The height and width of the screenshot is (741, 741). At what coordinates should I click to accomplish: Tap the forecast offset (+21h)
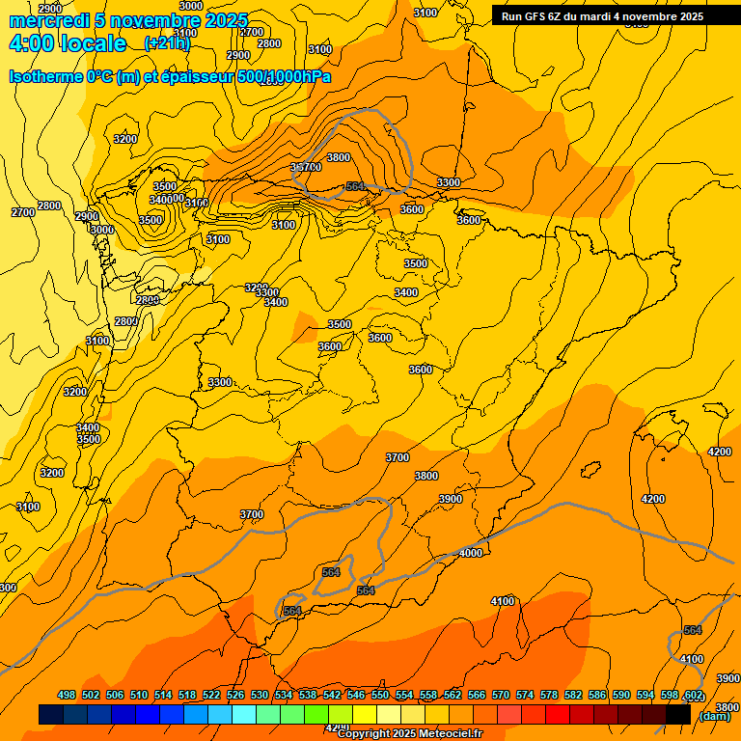point(167,43)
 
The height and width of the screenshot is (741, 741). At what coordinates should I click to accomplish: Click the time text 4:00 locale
point(68,43)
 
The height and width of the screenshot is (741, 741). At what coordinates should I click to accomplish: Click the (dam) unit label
point(713,716)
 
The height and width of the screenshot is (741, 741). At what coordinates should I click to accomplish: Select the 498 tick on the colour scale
point(67,695)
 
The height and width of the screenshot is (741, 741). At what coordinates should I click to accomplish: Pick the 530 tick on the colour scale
point(260,695)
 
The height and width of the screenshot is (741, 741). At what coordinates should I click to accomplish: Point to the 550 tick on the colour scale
point(380,695)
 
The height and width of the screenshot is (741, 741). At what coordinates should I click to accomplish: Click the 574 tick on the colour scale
point(525,695)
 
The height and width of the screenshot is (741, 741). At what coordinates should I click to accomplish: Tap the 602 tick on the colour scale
point(693,695)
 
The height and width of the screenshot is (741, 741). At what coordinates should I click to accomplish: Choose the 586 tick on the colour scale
point(597,695)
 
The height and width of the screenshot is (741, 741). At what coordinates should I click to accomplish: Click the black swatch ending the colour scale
point(678,714)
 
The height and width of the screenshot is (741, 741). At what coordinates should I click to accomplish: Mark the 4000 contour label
point(471,553)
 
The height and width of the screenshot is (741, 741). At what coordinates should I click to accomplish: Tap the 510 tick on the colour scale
point(139,695)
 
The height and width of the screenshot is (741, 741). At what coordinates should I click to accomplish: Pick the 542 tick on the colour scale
point(332,695)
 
